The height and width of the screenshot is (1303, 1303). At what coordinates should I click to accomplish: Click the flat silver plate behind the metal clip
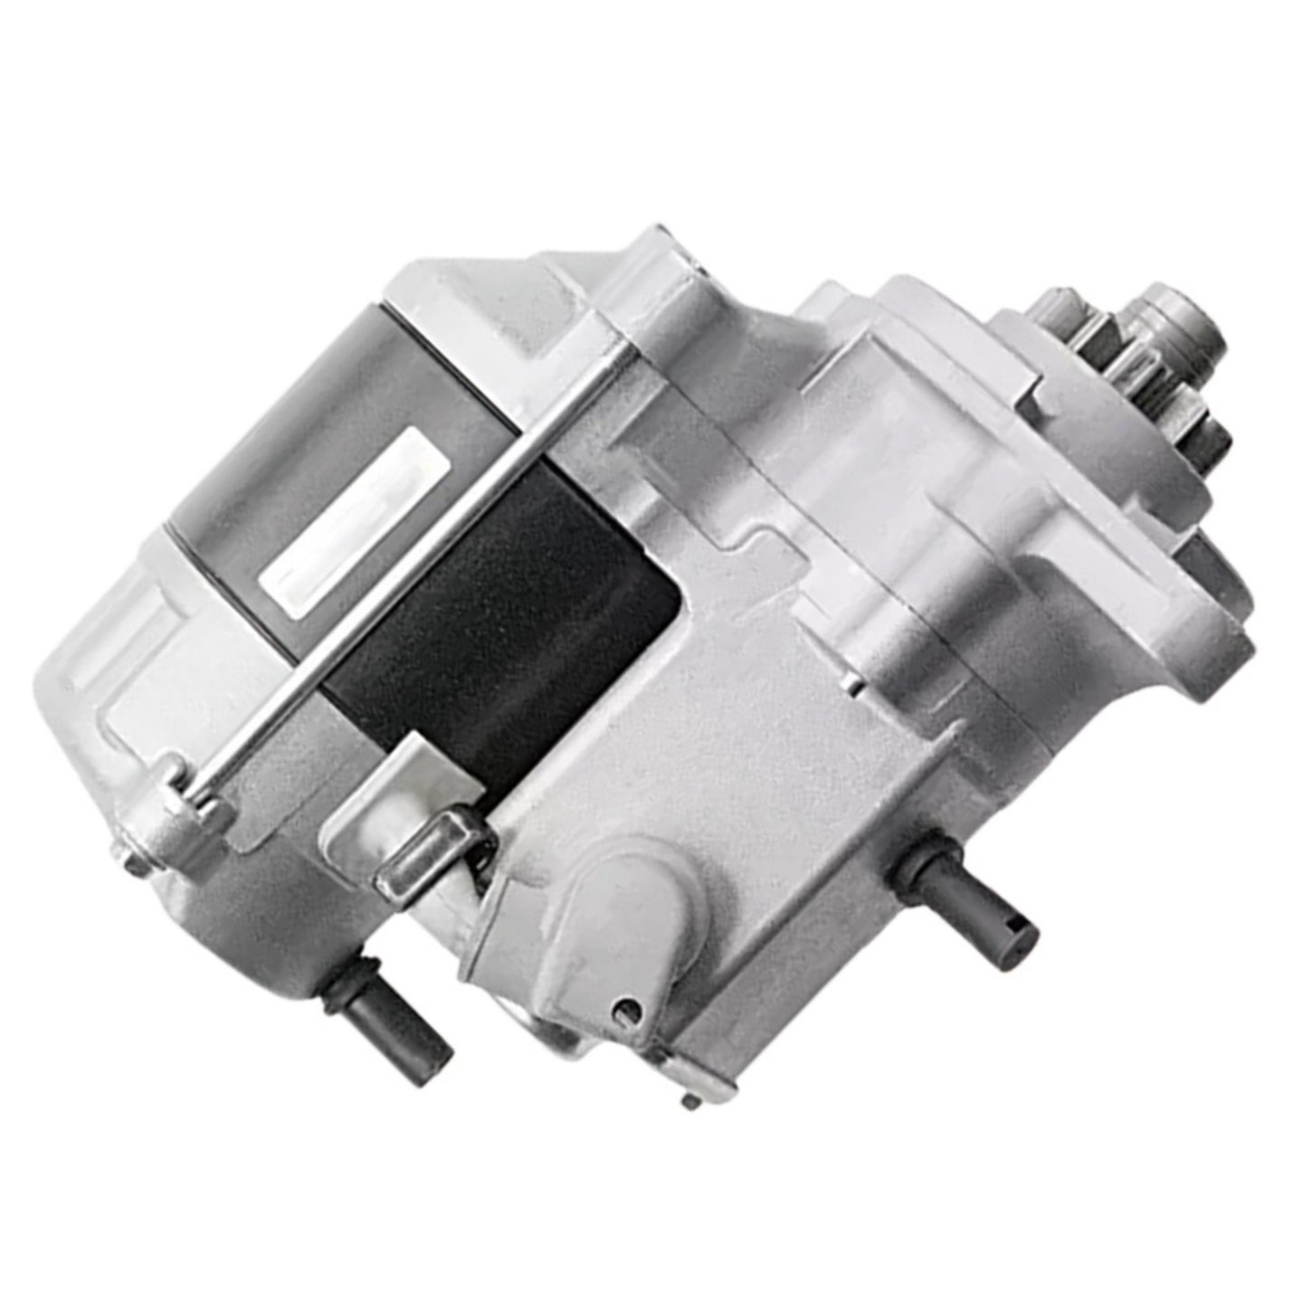pyautogui.click(x=362, y=814)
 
